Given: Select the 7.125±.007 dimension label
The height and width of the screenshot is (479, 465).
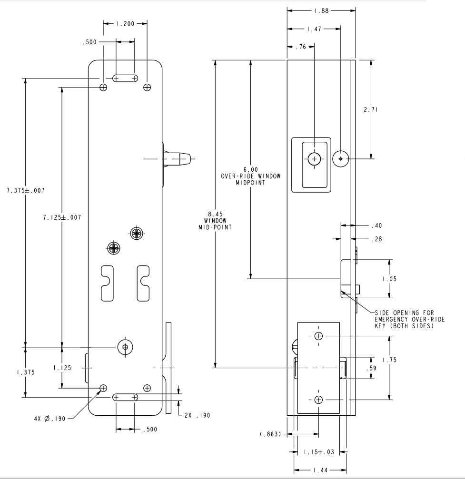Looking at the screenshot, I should pyautogui.click(x=62, y=217).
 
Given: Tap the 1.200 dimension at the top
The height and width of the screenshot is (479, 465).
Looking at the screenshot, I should pyautogui.click(x=125, y=23).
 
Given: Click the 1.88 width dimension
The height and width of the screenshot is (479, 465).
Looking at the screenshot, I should pyautogui.click(x=321, y=10).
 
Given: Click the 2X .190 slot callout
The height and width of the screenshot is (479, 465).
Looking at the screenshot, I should pyautogui.click(x=196, y=415).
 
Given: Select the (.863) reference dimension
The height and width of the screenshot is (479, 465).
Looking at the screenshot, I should pyautogui.click(x=270, y=433).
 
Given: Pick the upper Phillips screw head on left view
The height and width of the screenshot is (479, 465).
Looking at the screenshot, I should pyautogui.click(x=137, y=233).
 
